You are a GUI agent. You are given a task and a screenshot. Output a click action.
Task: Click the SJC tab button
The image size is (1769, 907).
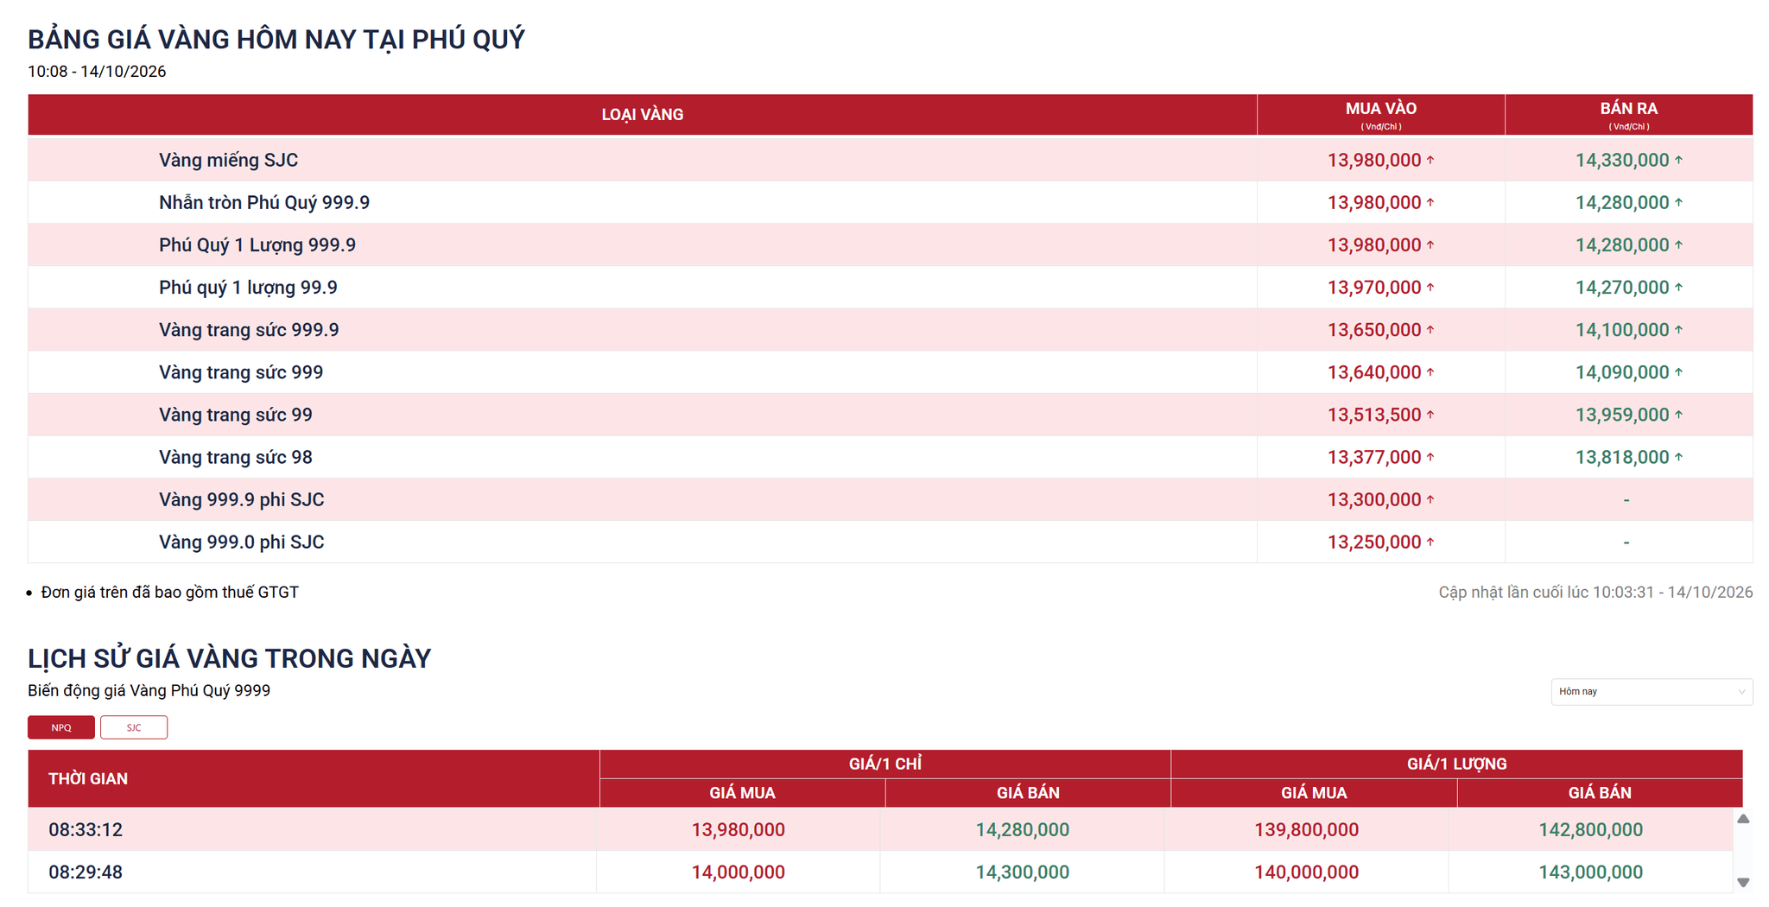pos(134,727)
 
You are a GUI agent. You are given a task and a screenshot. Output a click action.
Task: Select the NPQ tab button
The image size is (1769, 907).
pos(61,727)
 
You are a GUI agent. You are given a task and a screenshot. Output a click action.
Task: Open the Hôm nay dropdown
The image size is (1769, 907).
pos(1652,691)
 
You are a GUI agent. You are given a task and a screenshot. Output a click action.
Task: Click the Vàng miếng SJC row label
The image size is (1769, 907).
pos(228,160)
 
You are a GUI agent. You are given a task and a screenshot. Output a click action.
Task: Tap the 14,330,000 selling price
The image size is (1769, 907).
pos(1622,160)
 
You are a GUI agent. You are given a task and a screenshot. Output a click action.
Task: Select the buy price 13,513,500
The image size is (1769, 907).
pos(1374,415)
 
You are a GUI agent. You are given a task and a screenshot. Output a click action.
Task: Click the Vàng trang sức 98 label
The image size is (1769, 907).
pos(236,457)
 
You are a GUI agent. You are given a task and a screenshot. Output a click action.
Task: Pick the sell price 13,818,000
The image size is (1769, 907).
pos(1622,457)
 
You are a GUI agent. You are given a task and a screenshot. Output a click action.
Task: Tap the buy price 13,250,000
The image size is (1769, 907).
pos(1374,542)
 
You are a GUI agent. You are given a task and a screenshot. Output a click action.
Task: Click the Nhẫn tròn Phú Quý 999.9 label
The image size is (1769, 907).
pos(264,202)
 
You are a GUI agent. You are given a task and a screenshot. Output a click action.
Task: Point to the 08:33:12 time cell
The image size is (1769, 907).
pos(86,829)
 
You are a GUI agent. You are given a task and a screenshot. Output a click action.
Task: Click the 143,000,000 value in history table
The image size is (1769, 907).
pos(1590,872)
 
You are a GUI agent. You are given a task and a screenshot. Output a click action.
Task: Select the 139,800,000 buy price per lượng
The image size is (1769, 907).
pos(1306,829)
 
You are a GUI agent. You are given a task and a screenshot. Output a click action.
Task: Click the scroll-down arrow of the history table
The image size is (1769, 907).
pos(1743,882)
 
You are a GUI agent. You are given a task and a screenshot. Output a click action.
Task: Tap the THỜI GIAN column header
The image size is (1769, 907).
pos(88,778)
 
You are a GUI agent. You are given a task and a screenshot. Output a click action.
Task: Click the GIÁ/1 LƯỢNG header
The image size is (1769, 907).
pos(1456,764)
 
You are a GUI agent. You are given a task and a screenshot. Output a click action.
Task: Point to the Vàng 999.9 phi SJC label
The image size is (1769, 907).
pos(242,499)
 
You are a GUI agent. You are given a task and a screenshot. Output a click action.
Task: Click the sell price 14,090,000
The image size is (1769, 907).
pos(1622,372)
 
